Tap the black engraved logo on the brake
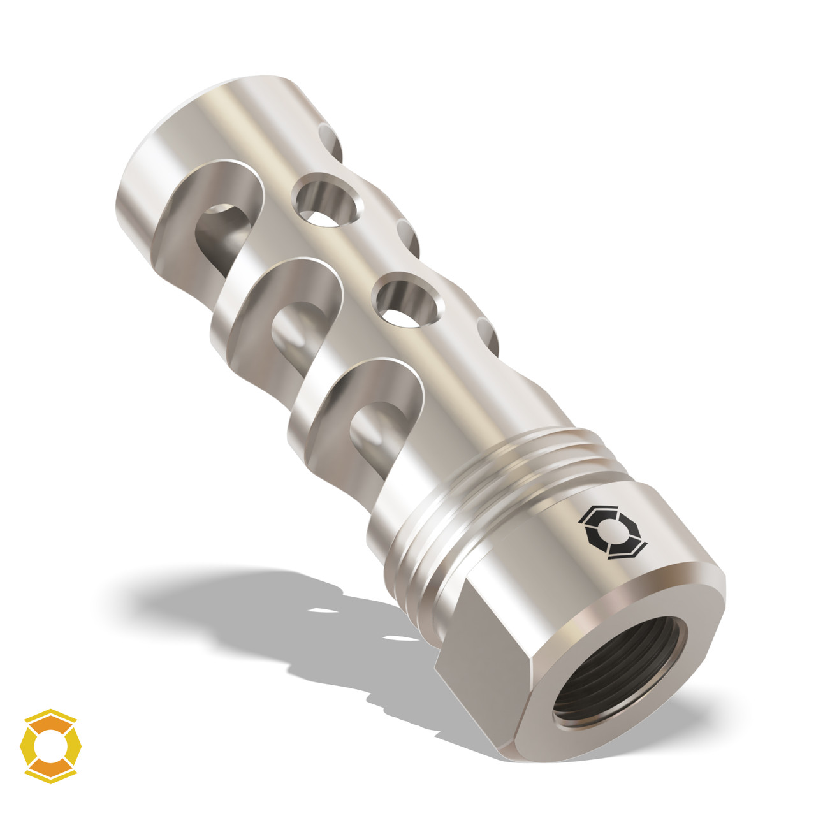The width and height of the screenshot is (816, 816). click(x=611, y=532)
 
